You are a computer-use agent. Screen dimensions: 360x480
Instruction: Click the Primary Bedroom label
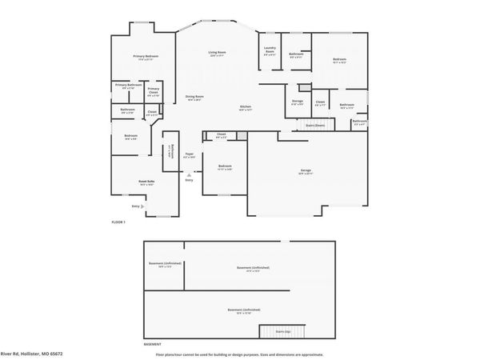click(x=146, y=57)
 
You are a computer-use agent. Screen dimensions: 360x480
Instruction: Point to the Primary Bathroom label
click(x=128, y=86)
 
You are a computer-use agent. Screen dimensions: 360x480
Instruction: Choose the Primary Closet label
click(x=153, y=91)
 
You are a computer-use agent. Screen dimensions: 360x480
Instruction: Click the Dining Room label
click(x=194, y=98)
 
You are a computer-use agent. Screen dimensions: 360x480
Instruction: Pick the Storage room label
click(x=297, y=102)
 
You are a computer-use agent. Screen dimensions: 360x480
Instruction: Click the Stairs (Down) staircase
click(x=314, y=126)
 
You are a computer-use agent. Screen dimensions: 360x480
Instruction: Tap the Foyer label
click(x=189, y=155)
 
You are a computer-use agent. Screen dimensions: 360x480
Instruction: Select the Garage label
click(x=306, y=172)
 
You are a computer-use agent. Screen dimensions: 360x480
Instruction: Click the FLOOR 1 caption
click(x=118, y=222)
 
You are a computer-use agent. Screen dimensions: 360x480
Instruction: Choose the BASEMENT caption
click(x=152, y=343)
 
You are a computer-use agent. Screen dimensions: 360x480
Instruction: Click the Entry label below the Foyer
click(x=189, y=180)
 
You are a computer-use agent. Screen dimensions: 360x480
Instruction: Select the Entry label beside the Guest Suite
click(x=135, y=206)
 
